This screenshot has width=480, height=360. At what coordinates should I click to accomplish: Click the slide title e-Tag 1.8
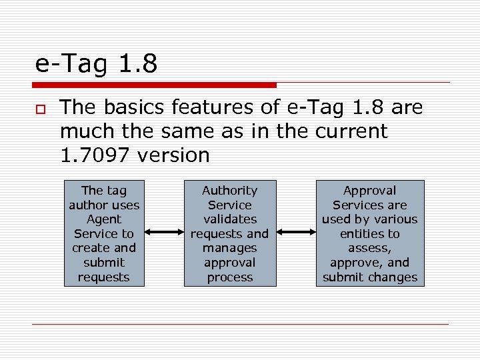click(96, 64)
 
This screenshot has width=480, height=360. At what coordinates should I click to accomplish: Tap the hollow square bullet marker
click(41, 108)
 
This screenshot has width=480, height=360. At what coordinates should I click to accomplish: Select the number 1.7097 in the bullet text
click(95, 155)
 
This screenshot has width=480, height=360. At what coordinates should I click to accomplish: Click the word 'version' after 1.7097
click(173, 155)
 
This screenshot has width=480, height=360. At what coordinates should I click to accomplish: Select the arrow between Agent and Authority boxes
click(164, 233)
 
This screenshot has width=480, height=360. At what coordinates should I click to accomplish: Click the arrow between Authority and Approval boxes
click(296, 233)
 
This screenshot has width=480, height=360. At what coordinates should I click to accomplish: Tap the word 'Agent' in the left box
click(104, 219)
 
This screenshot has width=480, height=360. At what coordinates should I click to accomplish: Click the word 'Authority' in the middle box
click(229, 191)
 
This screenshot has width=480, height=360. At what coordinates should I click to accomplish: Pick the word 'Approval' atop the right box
click(369, 191)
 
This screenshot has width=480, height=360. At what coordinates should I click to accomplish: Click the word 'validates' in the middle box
click(229, 219)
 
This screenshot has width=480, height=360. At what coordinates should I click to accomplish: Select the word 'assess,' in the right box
click(369, 248)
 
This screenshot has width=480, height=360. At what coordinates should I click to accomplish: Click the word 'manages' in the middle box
click(229, 248)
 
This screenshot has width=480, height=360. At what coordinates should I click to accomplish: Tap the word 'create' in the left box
click(94, 248)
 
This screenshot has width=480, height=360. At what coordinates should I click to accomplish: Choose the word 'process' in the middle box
click(229, 277)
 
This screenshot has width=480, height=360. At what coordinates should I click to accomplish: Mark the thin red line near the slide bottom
click(240, 325)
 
